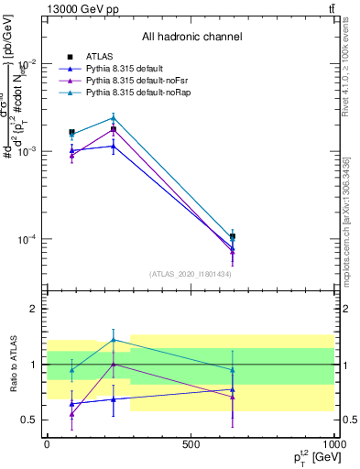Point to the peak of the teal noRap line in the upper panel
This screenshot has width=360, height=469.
pos(113,117)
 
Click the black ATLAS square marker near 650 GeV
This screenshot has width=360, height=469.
pos(233,236)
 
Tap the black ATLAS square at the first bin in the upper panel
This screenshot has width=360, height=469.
pos(71,132)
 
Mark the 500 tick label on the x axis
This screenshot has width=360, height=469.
pos(191,442)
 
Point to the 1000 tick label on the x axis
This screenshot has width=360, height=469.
pos(334,442)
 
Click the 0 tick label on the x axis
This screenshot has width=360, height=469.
pos(46,442)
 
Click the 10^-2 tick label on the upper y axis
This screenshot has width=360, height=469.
pos(28,63)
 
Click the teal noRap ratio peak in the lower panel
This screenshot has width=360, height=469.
pos(113,340)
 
